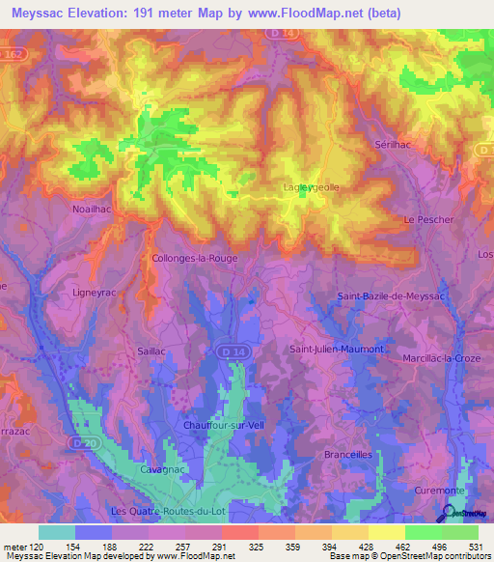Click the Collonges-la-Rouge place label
click(x=194, y=259)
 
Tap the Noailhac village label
click(x=96, y=208)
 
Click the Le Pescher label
click(x=428, y=220)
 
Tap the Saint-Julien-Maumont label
click(x=337, y=348)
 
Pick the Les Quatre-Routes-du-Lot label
click(x=160, y=510)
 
